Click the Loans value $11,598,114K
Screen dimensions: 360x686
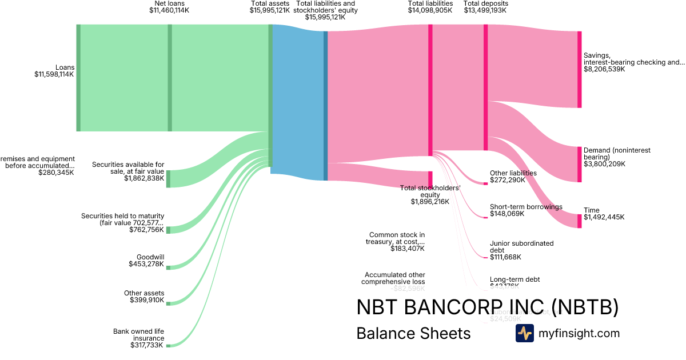pyautogui.click(x=54, y=74)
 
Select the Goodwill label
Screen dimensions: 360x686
pyautogui.click(x=150, y=257)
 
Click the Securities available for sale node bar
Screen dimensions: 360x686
pyautogui.click(x=168, y=178)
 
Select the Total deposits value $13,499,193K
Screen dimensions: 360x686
pyautogui.click(x=485, y=10)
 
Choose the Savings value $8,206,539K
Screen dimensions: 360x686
pyautogui.click(x=604, y=69)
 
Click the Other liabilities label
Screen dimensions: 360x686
pyautogui.click(x=513, y=173)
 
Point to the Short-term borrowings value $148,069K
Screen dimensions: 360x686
pyautogui.click(x=507, y=214)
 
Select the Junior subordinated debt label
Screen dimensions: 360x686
pyautogui.click(x=522, y=247)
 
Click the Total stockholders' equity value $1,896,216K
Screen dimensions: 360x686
pyautogui.click(x=430, y=202)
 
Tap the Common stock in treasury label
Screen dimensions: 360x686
pyautogui.click(x=397, y=238)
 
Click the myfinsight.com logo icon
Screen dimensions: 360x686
pyautogui.click(x=524, y=333)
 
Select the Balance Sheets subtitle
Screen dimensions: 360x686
pyautogui.click(x=413, y=333)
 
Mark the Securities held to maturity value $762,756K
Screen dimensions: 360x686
pyautogui.click(x=146, y=230)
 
